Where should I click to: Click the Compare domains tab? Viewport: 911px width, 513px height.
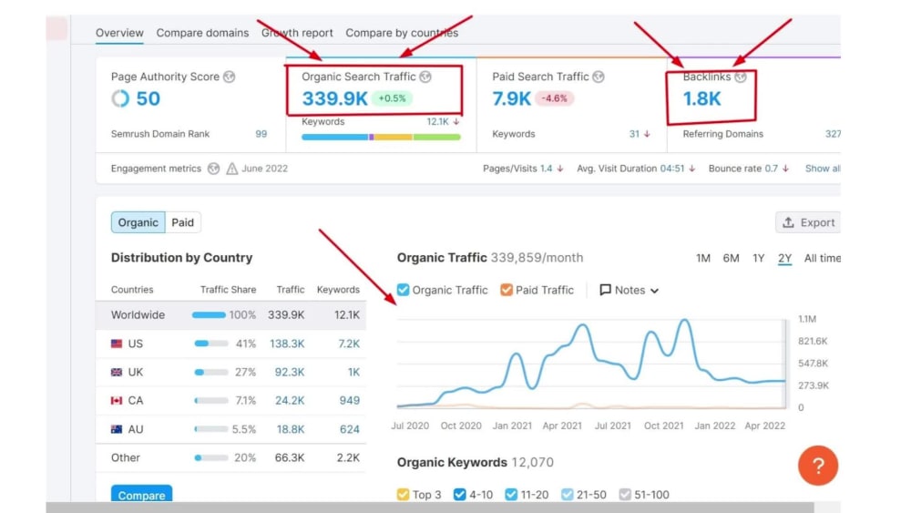tap(202, 33)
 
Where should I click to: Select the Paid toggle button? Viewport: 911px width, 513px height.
tap(182, 222)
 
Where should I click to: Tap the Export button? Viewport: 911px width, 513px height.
tap(808, 222)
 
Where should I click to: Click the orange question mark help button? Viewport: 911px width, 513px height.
tap(818, 466)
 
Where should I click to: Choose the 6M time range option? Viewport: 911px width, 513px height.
tap(731, 258)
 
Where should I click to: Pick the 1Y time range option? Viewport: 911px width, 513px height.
tap(758, 258)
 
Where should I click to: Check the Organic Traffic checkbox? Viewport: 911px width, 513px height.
tap(403, 290)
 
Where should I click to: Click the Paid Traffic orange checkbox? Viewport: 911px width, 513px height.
tap(507, 290)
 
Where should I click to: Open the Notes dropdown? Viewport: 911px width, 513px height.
tap(630, 290)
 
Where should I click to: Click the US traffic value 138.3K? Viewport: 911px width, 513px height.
tap(287, 344)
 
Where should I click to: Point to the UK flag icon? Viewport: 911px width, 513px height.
tap(117, 372)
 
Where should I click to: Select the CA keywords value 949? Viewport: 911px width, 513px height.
tap(349, 400)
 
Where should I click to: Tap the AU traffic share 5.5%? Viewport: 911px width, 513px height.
tap(244, 429)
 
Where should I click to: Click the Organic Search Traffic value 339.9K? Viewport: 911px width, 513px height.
tap(334, 98)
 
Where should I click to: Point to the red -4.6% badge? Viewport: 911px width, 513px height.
tap(554, 98)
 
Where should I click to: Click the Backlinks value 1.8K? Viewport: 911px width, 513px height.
tap(701, 98)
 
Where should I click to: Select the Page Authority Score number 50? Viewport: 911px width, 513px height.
tap(148, 98)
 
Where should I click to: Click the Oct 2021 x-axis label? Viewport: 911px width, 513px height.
tap(663, 426)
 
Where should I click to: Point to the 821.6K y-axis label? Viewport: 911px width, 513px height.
tap(813, 341)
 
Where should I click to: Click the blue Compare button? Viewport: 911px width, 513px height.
tap(141, 493)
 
